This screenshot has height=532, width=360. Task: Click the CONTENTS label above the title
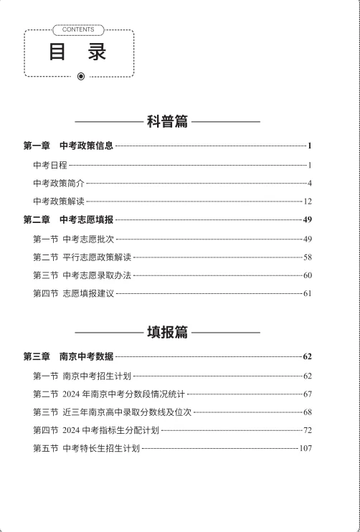point(79,30)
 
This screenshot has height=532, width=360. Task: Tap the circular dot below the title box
point(80,76)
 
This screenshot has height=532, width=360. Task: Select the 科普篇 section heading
point(167,122)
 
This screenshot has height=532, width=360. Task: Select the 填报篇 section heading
point(167,332)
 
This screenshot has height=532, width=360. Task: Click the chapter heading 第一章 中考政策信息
point(68,146)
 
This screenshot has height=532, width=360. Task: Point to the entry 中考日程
point(49,165)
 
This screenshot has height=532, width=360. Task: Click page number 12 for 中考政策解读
point(308,202)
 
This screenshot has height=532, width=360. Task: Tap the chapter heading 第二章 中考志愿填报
point(68,220)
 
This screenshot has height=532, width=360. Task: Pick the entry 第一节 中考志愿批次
point(73,239)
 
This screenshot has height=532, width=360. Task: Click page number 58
point(308,257)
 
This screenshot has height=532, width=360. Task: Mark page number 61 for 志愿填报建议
point(308,293)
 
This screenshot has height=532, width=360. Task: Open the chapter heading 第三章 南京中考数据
point(68,356)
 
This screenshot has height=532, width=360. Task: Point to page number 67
point(308,394)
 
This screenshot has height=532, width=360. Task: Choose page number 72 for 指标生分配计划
point(308,430)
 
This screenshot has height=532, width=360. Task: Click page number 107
point(305,449)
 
